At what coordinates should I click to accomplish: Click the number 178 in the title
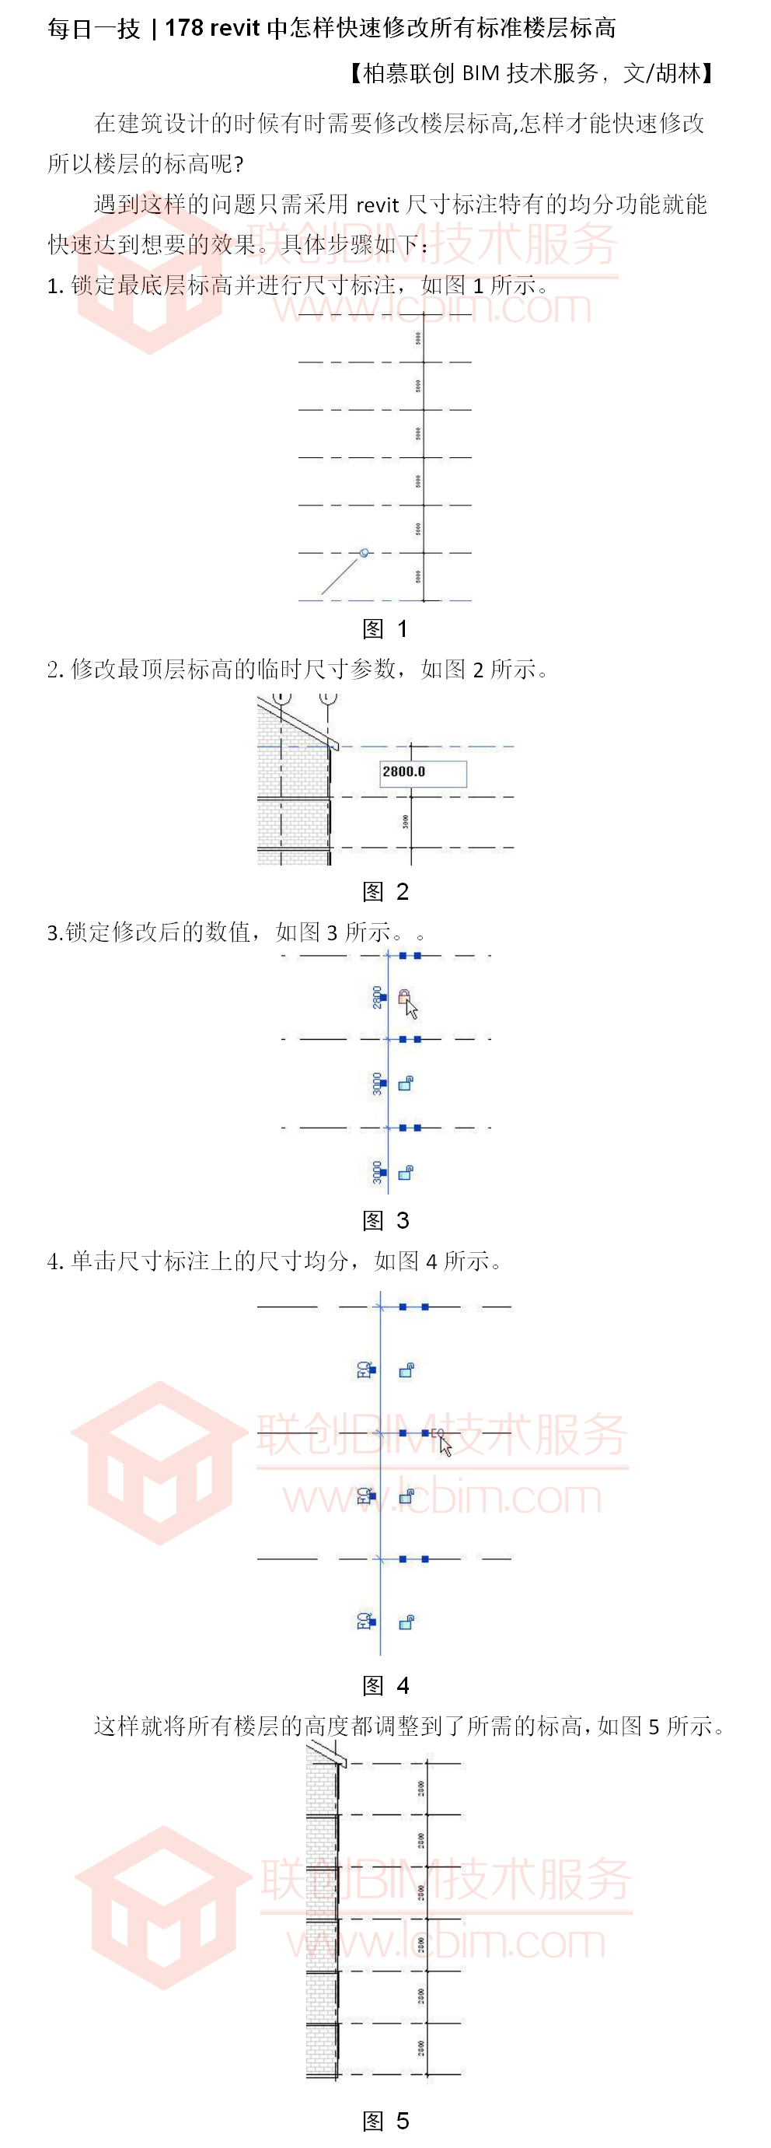(184, 28)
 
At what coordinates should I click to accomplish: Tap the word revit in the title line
(235, 28)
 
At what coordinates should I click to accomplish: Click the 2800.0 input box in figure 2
(423, 772)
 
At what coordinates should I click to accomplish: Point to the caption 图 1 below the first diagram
(385, 628)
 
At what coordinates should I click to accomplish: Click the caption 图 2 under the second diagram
(385, 891)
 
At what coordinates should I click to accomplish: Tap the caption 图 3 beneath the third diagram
(385, 1220)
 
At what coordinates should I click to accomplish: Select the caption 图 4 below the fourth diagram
(385, 1685)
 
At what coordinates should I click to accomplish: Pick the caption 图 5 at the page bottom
(385, 2121)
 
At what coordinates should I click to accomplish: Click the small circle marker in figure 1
(364, 553)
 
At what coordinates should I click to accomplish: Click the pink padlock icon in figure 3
(403, 995)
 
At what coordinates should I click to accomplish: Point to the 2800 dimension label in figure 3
(378, 996)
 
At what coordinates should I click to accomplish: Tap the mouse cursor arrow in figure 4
(445, 1445)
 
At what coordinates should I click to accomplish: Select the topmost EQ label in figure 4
(365, 1370)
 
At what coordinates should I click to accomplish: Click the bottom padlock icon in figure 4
(406, 1621)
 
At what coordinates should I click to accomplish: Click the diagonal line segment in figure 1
(340, 575)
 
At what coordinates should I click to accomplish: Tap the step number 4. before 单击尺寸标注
(55, 1261)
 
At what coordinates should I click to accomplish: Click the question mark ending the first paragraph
(239, 163)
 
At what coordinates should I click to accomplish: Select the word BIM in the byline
(480, 73)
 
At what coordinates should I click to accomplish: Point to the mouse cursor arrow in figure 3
(411, 1009)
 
